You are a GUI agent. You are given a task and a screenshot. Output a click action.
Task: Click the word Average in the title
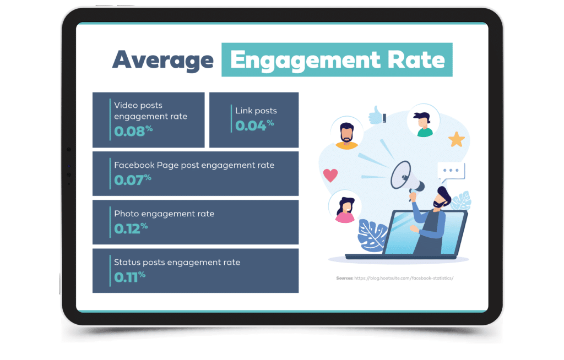[163, 61]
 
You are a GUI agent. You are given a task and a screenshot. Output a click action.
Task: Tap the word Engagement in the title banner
[305, 61]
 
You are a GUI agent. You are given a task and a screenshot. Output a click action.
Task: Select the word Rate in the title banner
[416, 59]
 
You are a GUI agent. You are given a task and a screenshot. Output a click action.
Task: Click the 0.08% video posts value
[133, 131]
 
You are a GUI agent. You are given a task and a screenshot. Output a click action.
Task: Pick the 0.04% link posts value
[254, 125]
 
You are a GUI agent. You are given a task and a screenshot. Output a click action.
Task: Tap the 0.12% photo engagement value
[131, 228]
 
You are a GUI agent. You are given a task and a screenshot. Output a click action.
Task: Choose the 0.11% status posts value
[130, 277]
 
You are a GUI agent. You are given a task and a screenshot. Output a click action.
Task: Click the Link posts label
[256, 111]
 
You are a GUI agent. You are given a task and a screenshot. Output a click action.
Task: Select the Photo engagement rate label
[164, 214]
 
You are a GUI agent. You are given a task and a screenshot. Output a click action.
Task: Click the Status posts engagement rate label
[177, 263]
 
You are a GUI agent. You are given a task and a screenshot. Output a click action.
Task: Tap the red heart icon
[330, 175]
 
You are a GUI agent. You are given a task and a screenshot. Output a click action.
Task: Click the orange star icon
[457, 139]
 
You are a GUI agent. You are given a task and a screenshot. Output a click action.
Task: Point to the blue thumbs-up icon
[377, 115]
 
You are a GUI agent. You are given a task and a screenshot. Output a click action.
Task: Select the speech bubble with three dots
[451, 172]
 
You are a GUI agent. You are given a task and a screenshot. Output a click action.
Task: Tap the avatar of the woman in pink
[345, 207]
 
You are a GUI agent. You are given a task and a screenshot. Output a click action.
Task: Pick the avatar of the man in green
[424, 121]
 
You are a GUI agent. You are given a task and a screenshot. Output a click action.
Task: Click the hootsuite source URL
[404, 278]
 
